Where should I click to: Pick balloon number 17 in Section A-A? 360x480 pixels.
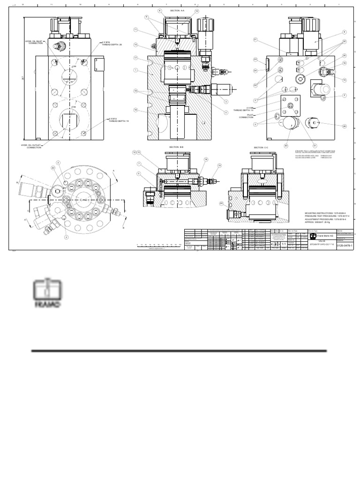click(x=135, y=58)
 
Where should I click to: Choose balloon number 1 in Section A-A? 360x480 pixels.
click(x=135, y=70)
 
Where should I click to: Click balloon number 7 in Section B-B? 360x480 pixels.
click(x=139, y=163)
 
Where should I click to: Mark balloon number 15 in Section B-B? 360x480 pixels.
click(x=219, y=165)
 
